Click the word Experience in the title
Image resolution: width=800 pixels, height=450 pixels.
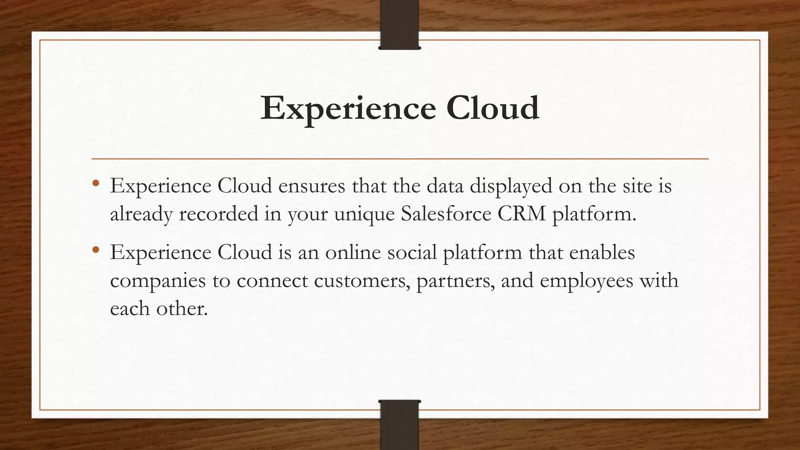pos(348,109)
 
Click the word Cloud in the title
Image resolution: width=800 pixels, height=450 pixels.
pos(493,108)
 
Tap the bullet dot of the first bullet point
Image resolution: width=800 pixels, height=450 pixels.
pos(96,183)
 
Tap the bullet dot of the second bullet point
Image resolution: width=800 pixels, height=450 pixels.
pos(96,250)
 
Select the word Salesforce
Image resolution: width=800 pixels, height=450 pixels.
pos(446,214)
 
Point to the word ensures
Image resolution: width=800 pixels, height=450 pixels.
pos(312,186)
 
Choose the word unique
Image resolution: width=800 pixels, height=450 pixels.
pos(364,214)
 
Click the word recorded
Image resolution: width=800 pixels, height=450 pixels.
pos(218,214)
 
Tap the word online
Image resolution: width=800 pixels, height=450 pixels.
pos(353,252)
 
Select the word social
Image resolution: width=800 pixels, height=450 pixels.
pos(412,252)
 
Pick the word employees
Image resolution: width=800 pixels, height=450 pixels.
pos(586,281)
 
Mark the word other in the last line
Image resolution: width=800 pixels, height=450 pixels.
pos(182,309)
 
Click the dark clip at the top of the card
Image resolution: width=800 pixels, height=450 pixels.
pos(400,24)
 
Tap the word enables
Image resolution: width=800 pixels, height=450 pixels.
pos(602,252)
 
